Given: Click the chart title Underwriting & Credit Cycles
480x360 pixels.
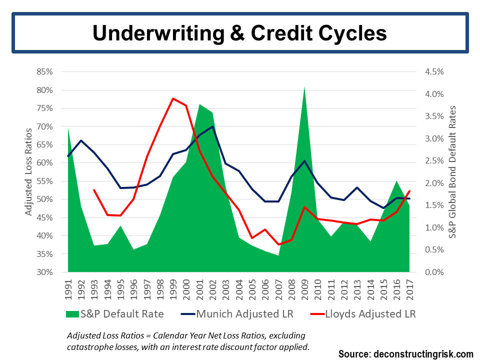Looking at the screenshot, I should coord(239,33).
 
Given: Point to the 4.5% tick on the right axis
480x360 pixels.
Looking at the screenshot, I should coord(434,72).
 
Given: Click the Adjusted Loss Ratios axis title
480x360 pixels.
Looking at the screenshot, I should coord(28,172).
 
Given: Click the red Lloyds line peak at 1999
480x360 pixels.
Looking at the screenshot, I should coord(173,98).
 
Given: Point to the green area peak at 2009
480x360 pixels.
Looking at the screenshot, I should coord(304,87).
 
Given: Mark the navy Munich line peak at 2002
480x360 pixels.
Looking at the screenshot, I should coord(212,126).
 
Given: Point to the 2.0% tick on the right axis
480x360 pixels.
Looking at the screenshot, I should coord(434,183).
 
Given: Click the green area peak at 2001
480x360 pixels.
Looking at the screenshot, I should coord(199,104).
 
